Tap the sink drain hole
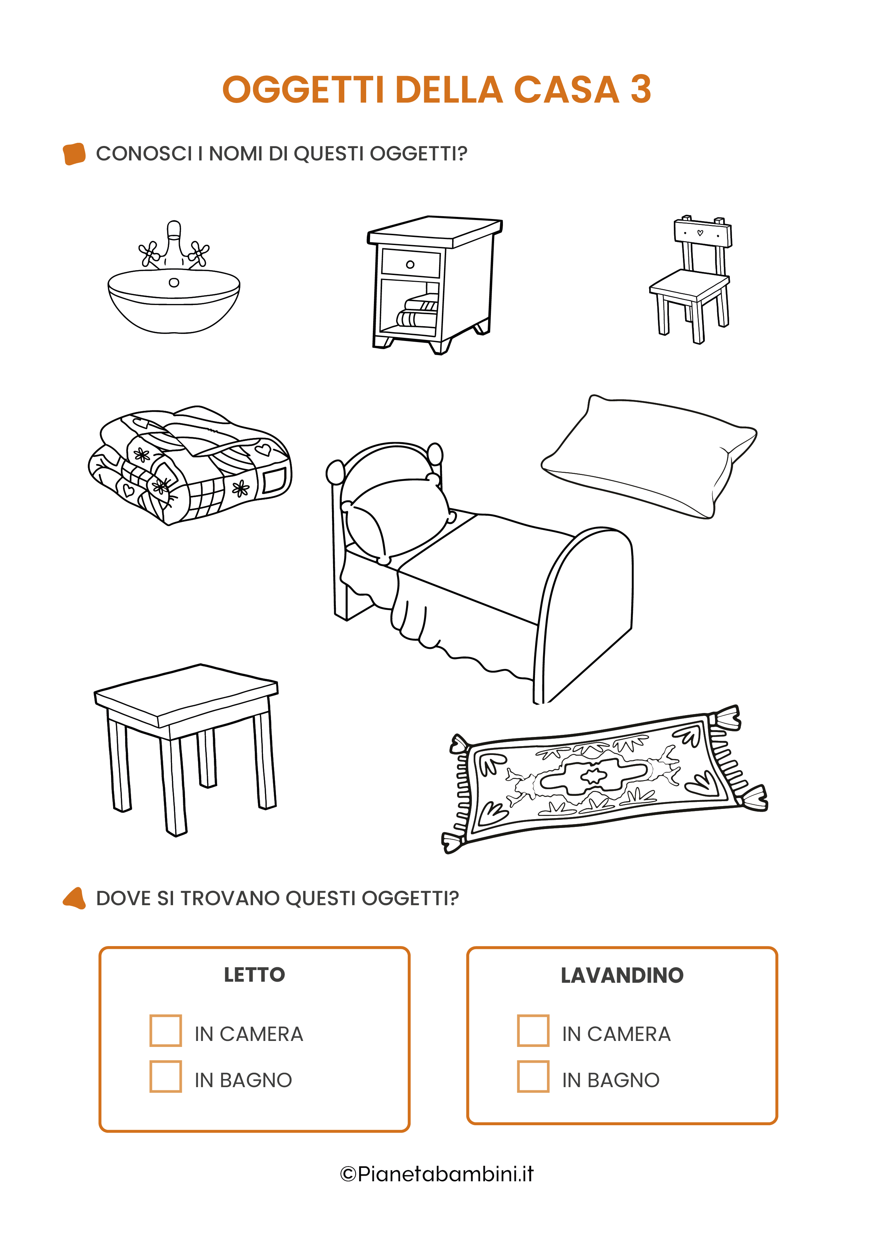tap(174, 282)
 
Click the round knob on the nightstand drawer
tap(410, 264)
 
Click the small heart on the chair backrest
tap(700, 233)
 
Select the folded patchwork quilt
tap(190, 465)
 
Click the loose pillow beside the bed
tap(649, 457)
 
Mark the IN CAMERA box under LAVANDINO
tap(533, 1030)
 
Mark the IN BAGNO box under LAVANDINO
tap(533, 1077)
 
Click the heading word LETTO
tap(254, 975)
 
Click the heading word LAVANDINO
tap(622, 975)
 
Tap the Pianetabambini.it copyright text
tap(437, 1174)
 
